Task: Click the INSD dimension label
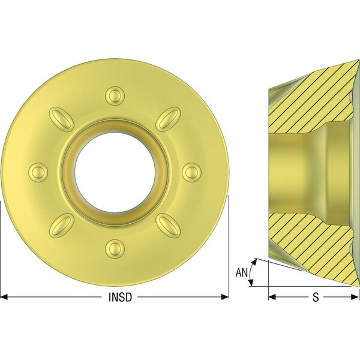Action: [x=120, y=297]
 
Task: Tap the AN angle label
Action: [x=242, y=272]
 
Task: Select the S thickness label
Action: [x=316, y=297]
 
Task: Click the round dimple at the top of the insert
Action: [x=115, y=96]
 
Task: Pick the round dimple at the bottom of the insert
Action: [x=115, y=248]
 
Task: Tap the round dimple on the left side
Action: [x=38, y=172]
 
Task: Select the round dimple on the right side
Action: [x=191, y=172]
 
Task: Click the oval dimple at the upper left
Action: [x=62, y=119]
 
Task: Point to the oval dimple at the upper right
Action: [x=168, y=119]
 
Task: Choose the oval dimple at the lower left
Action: [x=62, y=225]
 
